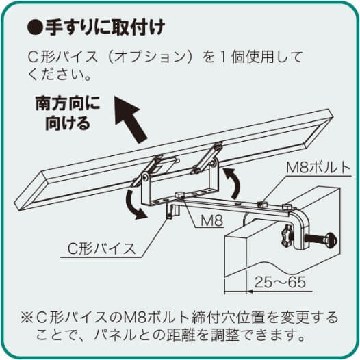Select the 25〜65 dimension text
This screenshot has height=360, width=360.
[278, 281]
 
